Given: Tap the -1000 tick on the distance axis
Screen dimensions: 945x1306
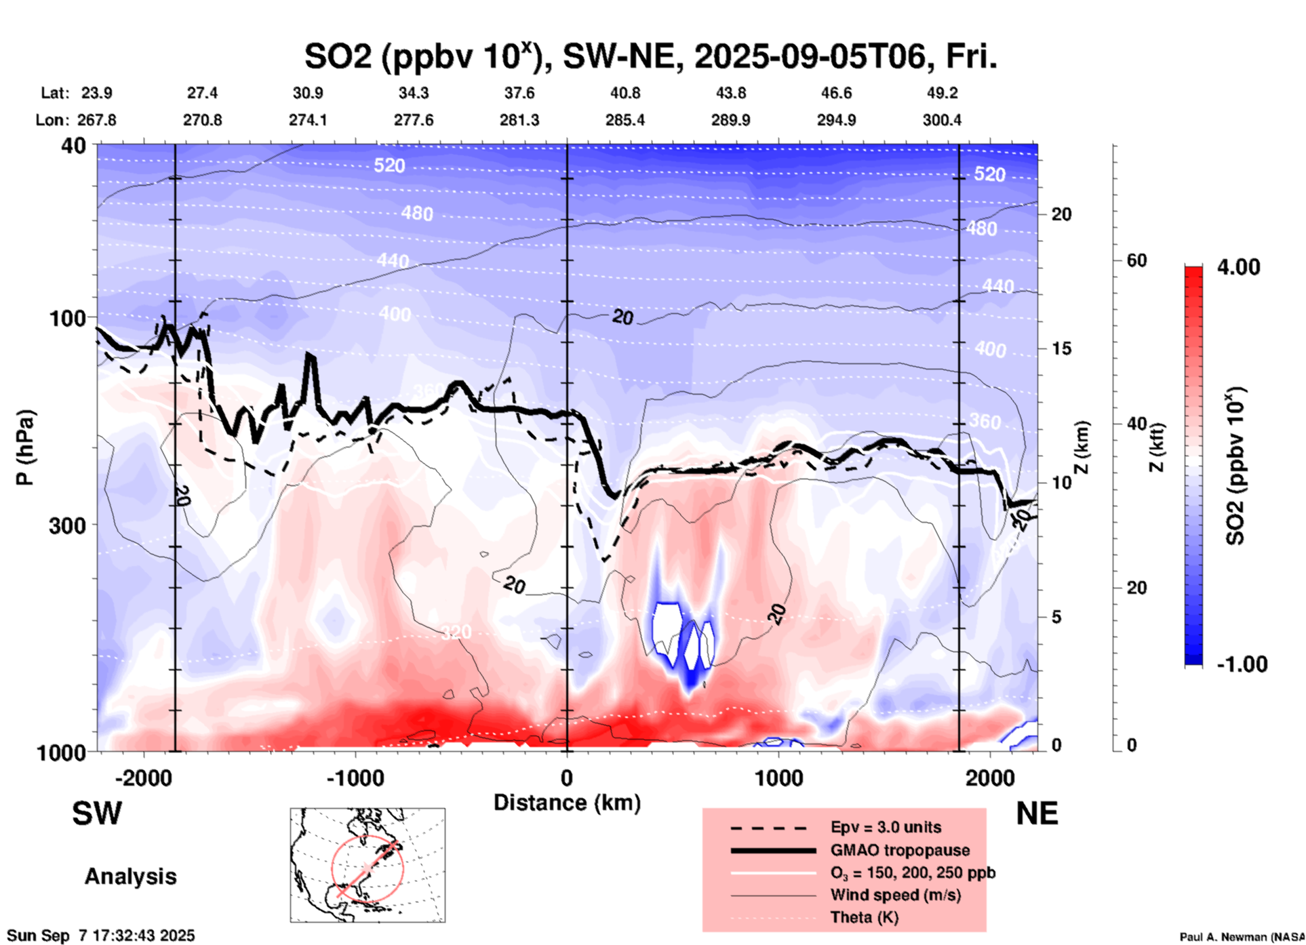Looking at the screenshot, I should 355,778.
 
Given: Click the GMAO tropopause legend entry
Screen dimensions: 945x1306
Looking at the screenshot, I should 900,850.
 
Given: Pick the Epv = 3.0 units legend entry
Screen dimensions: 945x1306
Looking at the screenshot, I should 886,827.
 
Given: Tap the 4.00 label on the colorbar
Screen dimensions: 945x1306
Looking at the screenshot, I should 1238,266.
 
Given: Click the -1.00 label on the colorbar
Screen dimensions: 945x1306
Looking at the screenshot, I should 1242,664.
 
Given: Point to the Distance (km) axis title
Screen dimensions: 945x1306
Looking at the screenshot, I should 567,803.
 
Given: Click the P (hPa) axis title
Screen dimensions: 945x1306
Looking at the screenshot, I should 25,447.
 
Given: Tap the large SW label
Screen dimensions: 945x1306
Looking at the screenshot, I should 97,813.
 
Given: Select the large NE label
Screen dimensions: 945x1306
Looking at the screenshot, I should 1037,813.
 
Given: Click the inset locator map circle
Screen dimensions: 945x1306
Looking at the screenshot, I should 368,868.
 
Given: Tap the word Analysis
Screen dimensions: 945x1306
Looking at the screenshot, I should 130,877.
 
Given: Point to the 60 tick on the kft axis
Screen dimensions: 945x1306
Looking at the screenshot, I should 1136,260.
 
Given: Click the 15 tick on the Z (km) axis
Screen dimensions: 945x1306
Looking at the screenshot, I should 1061,348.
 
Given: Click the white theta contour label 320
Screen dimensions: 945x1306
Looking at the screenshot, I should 456,632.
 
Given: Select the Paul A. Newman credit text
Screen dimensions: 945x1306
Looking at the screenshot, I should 1241,937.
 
